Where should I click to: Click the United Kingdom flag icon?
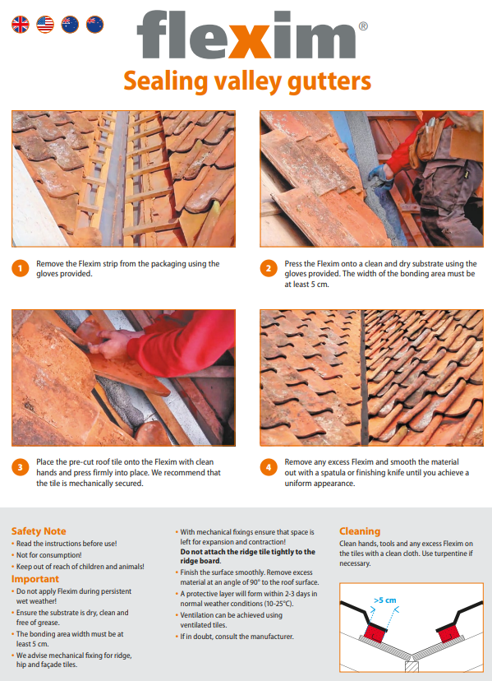[21, 25]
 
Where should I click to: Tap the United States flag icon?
[45, 25]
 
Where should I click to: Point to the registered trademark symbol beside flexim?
[363, 26]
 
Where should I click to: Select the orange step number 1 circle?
[21, 268]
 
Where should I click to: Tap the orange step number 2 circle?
[269, 268]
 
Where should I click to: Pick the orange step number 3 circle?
[21, 467]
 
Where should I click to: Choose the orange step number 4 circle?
[269, 467]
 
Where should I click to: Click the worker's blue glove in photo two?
[380, 176]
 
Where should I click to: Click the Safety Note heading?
[39, 531]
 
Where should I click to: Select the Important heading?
[35, 579]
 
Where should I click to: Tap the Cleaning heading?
[360, 531]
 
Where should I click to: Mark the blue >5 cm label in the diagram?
[385, 600]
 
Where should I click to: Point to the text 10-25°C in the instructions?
[279, 604]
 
